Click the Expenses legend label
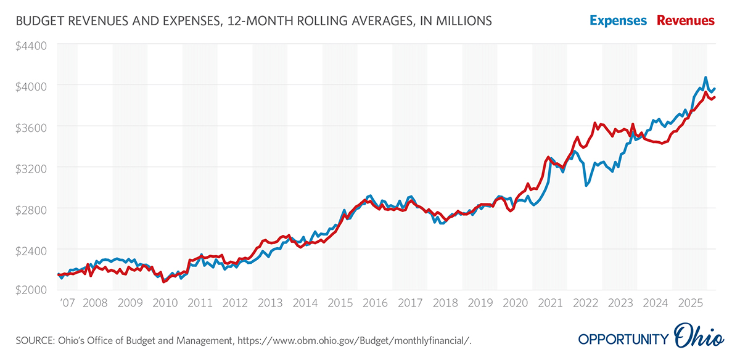tap(618, 20)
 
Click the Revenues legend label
tap(686, 20)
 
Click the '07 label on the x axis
tap(67, 303)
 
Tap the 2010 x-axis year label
tap(165, 303)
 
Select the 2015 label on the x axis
tap(340, 303)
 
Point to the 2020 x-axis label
tap(515, 303)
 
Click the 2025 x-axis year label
tap(689, 303)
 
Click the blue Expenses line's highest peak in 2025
tap(705, 78)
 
